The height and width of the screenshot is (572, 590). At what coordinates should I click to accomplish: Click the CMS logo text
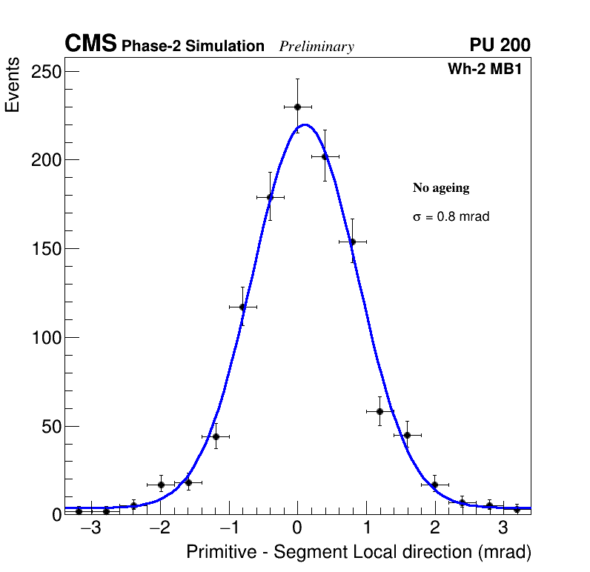coord(90,44)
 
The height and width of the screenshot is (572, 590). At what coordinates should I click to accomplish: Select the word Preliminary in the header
coord(316,47)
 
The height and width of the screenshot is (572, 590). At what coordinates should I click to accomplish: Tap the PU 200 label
coord(500,45)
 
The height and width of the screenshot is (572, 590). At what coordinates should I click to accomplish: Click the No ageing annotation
coord(441,188)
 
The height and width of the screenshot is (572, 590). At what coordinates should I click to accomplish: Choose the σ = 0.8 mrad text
coord(451,217)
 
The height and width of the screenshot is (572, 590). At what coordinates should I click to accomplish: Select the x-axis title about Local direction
coord(359,552)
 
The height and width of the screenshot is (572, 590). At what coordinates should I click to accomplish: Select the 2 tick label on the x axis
coord(434,528)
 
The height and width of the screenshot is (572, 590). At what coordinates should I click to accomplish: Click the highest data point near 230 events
coord(297,107)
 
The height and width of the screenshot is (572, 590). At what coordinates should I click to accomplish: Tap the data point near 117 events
coord(242,307)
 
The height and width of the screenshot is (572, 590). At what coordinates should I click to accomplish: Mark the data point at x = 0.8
coord(352,242)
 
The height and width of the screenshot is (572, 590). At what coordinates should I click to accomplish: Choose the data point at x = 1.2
coord(379,411)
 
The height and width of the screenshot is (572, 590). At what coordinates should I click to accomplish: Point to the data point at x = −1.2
coord(216,436)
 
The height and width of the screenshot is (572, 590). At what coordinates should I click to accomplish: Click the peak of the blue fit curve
coord(305,124)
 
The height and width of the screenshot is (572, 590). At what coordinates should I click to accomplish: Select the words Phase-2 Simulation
coord(193,47)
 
